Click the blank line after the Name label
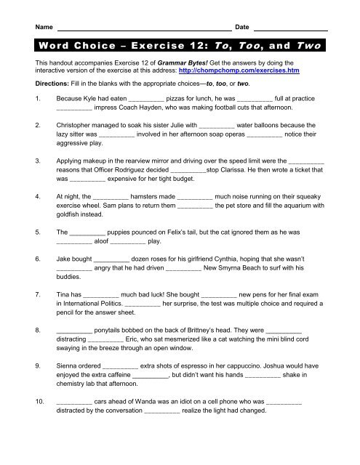tap(145, 28)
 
